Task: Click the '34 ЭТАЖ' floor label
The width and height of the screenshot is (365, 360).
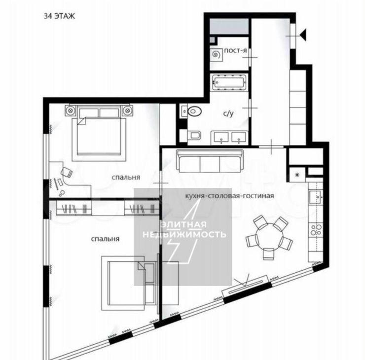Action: [60, 16]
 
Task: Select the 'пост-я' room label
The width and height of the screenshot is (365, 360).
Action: [235, 51]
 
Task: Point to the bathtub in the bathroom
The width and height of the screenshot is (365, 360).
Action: [229, 82]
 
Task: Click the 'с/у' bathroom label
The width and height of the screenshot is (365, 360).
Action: [228, 114]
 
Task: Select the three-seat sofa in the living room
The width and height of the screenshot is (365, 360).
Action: [210, 161]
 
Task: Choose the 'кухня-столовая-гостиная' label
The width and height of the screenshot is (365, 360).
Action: [229, 196]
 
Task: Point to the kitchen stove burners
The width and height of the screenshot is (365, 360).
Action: [316, 230]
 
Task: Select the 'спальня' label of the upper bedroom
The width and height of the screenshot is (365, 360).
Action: [126, 178]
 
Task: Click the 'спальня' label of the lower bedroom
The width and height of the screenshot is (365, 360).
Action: [105, 239]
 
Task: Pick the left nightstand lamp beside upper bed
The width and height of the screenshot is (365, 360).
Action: [70, 110]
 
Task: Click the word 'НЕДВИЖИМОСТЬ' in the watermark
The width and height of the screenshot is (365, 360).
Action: [184, 234]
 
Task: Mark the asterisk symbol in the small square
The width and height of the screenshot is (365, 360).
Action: [297, 174]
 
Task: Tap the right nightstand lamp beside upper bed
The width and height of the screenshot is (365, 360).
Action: [128, 110]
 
